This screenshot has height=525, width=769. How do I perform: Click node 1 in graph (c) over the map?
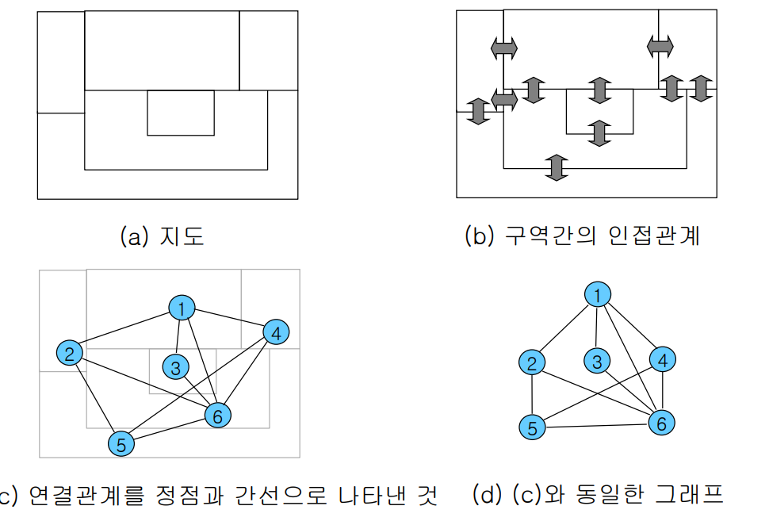(182, 308)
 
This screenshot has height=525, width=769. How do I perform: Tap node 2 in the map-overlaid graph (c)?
(70, 353)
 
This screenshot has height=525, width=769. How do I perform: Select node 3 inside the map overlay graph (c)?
(174, 367)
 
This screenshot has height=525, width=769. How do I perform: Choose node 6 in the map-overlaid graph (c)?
(217, 414)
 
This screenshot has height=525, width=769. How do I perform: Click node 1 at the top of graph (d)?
(598, 295)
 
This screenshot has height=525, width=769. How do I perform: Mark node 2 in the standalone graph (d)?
(532, 362)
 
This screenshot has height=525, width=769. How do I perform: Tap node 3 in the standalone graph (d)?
(597, 361)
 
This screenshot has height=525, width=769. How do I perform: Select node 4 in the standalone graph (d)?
(663, 359)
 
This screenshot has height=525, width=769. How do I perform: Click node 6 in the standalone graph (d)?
(661, 423)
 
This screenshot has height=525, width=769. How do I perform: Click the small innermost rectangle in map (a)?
(181, 113)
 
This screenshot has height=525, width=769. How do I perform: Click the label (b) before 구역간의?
(480, 236)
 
